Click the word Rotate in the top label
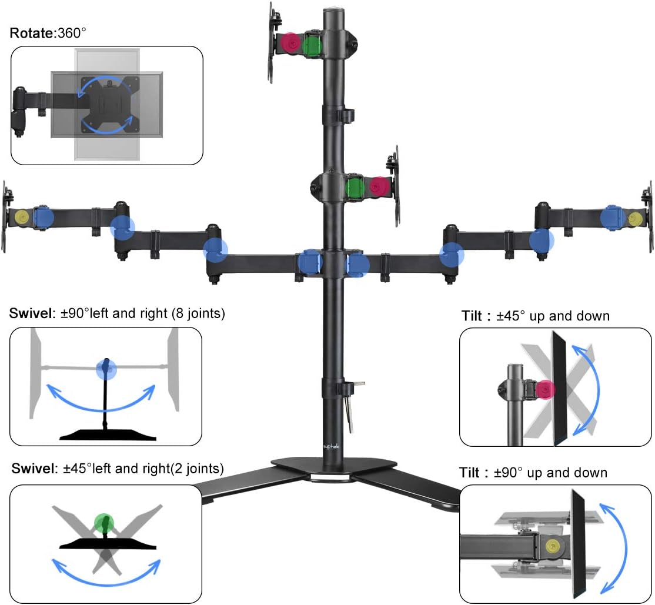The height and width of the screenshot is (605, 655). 31,33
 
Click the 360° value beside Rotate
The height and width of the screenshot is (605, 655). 71,33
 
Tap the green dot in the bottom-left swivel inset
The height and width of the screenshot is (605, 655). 105,522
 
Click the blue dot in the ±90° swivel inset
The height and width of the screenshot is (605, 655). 106,369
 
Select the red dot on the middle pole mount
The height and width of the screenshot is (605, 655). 379,186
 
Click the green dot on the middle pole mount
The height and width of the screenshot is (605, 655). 355,188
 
